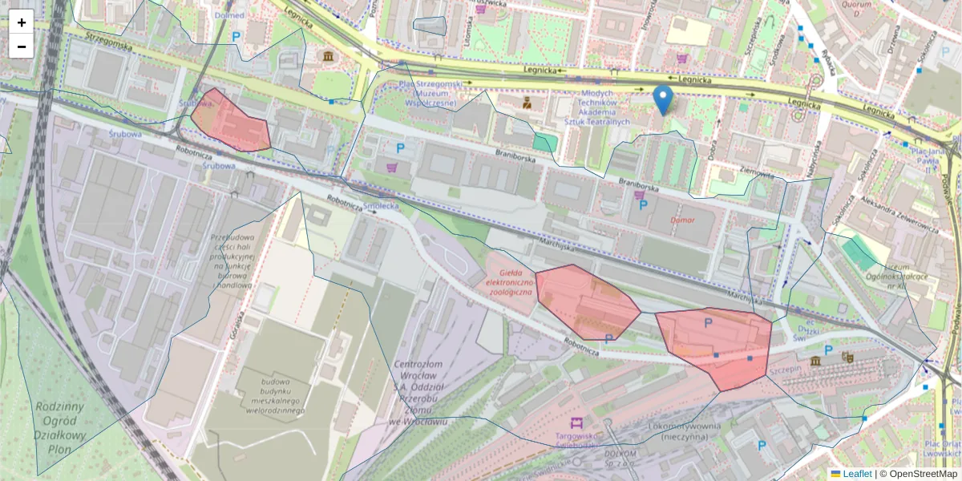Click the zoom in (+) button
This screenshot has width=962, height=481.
pyautogui.click(x=22, y=22)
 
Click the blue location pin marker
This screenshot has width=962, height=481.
pyautogui.click(x=663, y=100)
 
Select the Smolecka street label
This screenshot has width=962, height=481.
pyautogui.click(x=381, y=205)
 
